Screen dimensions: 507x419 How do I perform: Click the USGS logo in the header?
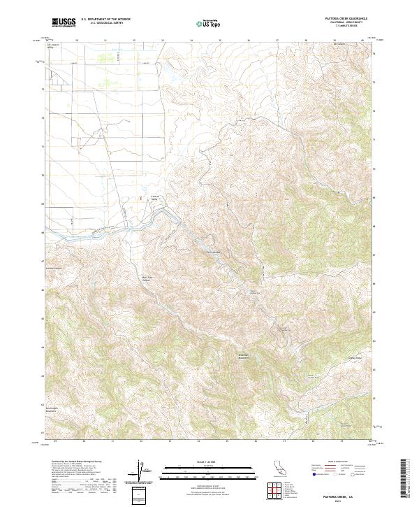click(64, 23)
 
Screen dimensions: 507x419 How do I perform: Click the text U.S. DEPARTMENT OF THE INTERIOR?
click(105, 20)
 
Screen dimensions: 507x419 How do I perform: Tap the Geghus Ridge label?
click(356, 358)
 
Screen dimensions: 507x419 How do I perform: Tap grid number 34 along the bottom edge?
click(198, 441)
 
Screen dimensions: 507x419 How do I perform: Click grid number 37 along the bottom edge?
click(284, 441)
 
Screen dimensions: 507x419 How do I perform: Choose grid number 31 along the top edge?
click(105, 41)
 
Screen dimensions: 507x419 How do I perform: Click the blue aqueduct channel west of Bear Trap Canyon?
click(105, 232)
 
